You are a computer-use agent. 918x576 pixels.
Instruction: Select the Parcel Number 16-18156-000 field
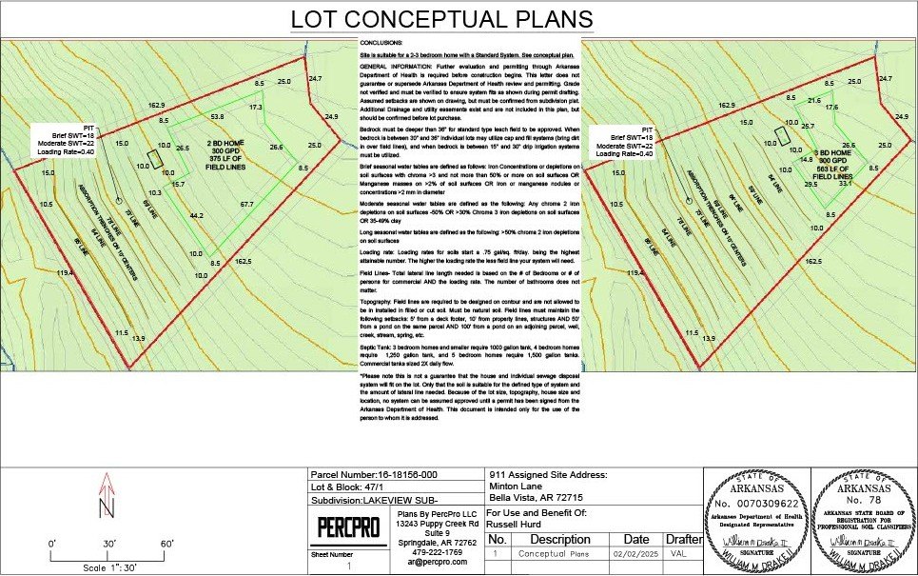[x=374, y=474]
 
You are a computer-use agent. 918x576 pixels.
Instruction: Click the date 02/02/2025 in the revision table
[x=635, y=553]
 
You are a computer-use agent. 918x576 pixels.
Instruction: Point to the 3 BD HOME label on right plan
[x=832, y=152]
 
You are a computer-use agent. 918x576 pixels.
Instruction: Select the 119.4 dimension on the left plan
[x=65, y=273]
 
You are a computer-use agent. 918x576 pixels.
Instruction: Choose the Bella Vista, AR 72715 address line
[x=535, y=497]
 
